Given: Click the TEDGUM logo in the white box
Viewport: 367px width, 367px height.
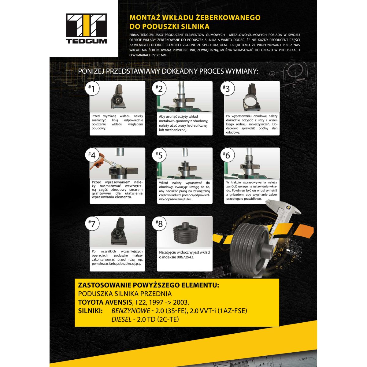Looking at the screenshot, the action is pos(86,28).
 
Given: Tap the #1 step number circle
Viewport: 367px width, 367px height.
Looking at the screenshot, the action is pos(92,89).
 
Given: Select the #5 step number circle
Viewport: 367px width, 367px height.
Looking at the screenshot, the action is pos(159,155).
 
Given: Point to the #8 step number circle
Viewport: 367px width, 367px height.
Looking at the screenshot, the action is pos(159,223).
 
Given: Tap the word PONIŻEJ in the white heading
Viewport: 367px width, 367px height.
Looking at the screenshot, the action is pos(91,71).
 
